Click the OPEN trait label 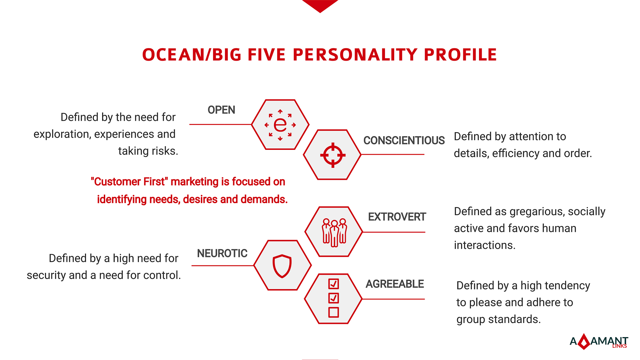[221, 110]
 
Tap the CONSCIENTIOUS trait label [404, 140]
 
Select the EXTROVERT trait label [397, 217]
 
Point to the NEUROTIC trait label [222, 253]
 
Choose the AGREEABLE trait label [395, 284]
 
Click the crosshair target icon [333, 155]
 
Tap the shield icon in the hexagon [282, 266]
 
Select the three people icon [334, 232]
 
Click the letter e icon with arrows [280, 125]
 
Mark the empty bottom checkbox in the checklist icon [334, 312]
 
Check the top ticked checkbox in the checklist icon [334, 284]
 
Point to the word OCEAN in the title [173, 55]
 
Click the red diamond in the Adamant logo [584, 342]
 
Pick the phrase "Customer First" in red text [129, 182]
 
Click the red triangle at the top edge [320, 5]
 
